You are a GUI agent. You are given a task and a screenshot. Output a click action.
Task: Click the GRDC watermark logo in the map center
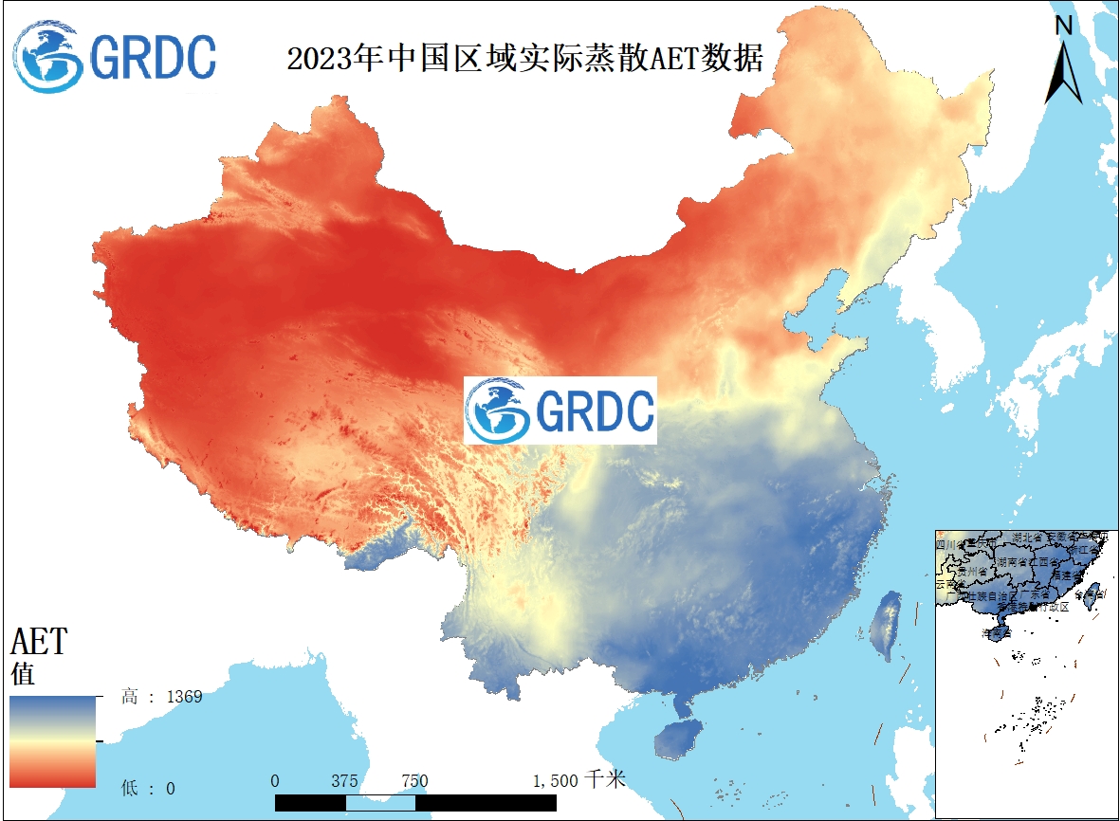click(560, 410)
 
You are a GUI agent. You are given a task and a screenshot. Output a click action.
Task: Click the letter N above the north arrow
click(1064, 26)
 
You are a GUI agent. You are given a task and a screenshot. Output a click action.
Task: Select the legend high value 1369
click(185, 697)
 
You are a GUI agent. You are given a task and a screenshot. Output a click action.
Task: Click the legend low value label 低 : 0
click(148, 788)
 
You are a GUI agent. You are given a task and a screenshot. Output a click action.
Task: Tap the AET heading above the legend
click(39, 642)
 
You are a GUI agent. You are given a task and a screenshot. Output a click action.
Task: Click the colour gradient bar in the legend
click(53, 741)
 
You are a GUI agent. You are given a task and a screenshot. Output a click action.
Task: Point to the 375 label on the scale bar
click(345, 781)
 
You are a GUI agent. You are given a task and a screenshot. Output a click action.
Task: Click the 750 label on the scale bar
click(414, 781)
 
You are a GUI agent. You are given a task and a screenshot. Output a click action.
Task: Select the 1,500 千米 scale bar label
click(579, 781)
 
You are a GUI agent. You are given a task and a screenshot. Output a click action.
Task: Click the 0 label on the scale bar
click(275, 781)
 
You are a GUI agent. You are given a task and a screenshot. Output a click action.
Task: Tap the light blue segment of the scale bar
click(380, 802)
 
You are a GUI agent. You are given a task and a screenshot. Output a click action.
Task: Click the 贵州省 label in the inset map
click(974, 573)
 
